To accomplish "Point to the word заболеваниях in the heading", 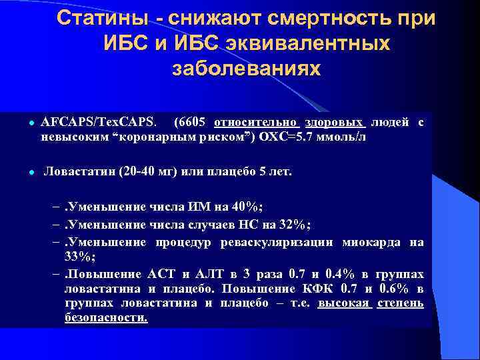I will pyautogui.click(x=246, y=69).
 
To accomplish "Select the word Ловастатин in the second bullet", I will pyautogui.click(x=77, y=171).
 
